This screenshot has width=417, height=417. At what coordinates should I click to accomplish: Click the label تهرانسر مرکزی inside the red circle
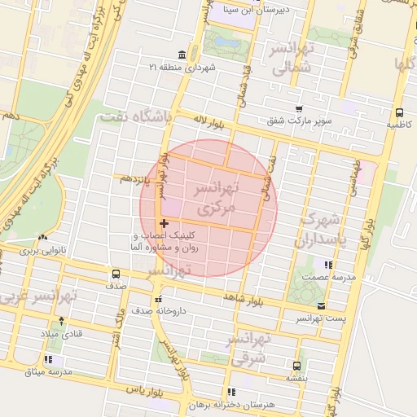click(215, 198)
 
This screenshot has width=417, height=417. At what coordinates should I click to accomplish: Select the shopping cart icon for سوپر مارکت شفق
click(299, 108)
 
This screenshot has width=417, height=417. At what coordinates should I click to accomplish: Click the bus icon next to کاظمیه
click(399, 112)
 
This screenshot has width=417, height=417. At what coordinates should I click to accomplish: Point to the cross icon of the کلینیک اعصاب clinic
click(165, 222)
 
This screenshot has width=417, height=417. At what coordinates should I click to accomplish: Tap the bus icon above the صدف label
click(116, 274)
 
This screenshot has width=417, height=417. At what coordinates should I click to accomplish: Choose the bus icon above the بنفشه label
click(296, 366)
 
